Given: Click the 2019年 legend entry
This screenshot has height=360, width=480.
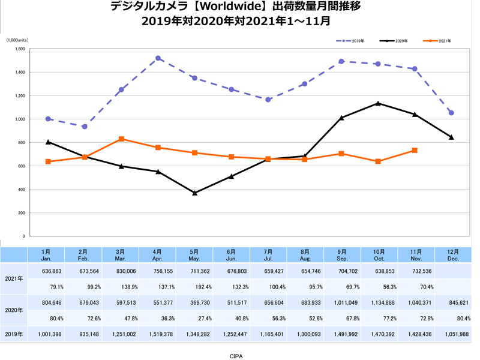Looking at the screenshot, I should point(355,41).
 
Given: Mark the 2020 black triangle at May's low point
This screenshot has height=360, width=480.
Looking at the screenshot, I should point(195,193).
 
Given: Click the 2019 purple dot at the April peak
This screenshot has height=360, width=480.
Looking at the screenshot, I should point(158,58).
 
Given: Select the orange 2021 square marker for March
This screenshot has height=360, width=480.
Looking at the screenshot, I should point(121,139).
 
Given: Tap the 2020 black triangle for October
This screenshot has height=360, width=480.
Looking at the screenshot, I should point(378,103).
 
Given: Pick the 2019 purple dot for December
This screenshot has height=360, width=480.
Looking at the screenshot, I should point(451,113).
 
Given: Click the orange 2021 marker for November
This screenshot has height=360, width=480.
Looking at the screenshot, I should point(415,150).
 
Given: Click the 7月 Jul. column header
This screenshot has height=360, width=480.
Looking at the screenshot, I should point(268,254).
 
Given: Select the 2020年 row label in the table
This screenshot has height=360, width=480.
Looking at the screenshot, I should point(13,311).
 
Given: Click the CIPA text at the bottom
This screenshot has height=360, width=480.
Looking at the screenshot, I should point(236,355).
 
